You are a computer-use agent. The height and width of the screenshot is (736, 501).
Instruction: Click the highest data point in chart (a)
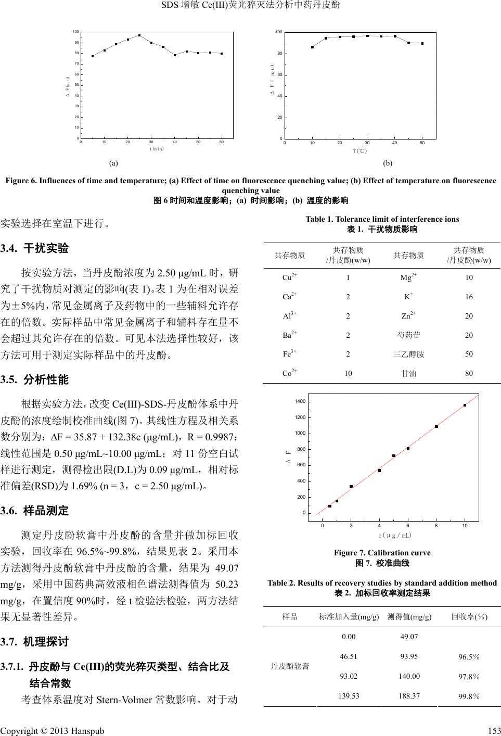tap(139, 35)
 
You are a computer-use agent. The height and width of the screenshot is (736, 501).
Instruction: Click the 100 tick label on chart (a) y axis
tap(76, 32)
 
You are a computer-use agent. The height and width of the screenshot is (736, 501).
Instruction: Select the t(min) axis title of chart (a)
tap(157, 148)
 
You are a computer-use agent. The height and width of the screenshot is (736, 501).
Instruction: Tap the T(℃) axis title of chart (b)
tap(359, 151)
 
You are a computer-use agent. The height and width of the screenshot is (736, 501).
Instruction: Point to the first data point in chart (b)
tap(312, 47)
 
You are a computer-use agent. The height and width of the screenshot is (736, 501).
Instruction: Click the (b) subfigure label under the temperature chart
tap(388, 163)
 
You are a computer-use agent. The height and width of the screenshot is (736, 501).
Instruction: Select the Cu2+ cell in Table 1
tap(290, 277)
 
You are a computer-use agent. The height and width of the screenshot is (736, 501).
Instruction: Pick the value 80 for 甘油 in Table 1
tap(469, 373)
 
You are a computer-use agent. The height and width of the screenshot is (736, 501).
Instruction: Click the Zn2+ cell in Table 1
tap(409, 316)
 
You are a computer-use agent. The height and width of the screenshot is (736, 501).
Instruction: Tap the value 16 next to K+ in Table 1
tap(469, 297)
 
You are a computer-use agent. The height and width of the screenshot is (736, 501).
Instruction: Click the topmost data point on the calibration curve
tap(465, 405)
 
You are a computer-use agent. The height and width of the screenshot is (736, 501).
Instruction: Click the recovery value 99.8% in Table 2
tap(469, 696)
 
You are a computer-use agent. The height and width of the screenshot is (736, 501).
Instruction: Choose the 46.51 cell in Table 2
tap(349, 656)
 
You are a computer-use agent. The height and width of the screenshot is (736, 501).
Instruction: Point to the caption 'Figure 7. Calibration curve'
tap(382, 553)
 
